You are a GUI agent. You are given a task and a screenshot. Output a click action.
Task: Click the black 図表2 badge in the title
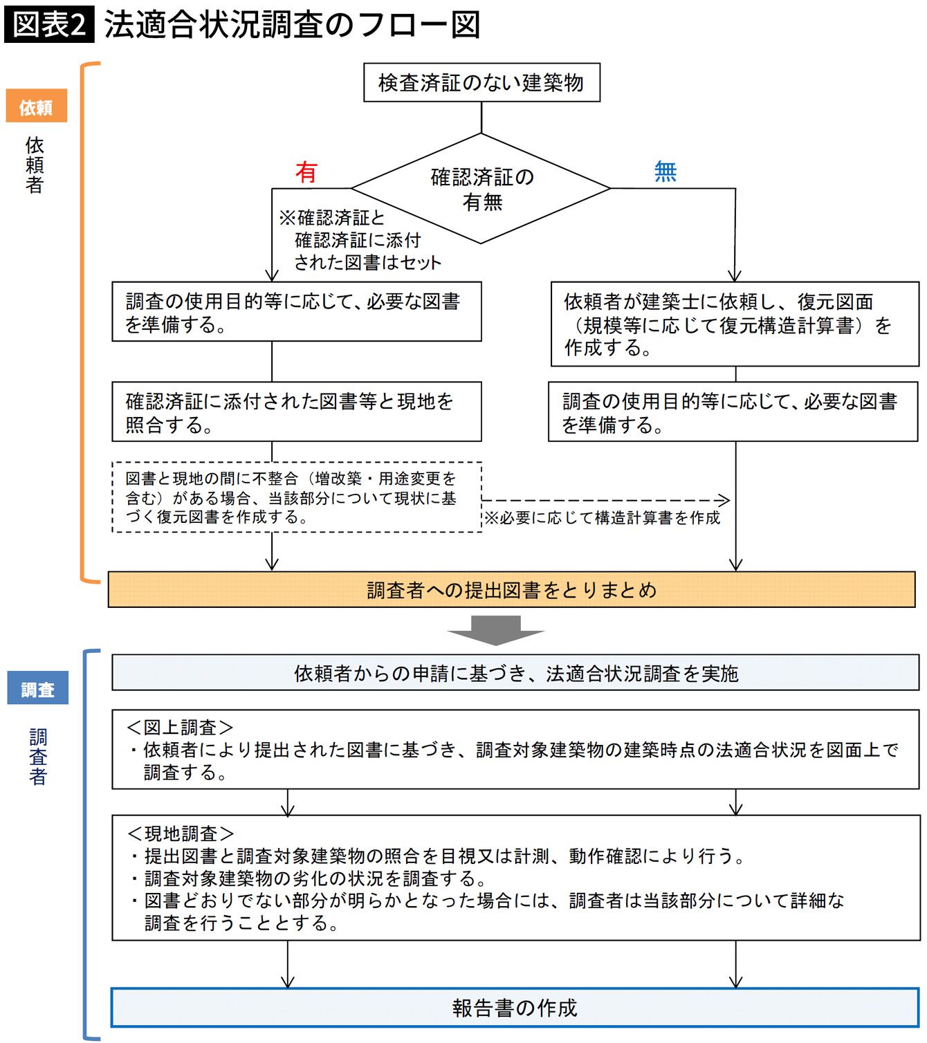pos(49,25)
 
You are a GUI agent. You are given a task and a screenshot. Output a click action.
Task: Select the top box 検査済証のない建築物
pos(481,83)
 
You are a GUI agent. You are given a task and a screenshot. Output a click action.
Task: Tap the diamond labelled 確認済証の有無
pos(481,189)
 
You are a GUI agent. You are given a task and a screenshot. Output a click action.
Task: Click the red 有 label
pos(306,172)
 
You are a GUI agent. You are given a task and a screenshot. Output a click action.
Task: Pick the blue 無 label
pos(665,171)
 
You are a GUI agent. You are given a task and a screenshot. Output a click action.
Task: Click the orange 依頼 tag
pos(36,107)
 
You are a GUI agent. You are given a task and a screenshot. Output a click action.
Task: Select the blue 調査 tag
pos(37,689)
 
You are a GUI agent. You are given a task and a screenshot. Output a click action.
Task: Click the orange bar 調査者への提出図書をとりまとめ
pos(511,590)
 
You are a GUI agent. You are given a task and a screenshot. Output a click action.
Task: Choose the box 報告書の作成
pos(515,1008)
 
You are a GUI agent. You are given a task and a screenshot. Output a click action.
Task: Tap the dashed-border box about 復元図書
pos(297,497)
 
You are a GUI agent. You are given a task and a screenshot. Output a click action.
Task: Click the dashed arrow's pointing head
pos(724,500)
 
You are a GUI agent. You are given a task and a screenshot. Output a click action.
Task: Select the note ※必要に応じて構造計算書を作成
pos(603,518)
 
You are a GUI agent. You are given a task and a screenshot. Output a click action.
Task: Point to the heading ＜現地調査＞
pos(181,833)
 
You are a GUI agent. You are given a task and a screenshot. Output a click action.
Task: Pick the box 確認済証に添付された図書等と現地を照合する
pos(297,412)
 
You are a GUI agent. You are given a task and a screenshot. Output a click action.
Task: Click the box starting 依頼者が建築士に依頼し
pos(735,324)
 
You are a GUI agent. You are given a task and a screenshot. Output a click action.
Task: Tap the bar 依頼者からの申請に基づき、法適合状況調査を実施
pos(515,673)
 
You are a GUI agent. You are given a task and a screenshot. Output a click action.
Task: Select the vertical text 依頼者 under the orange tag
pos(35,165)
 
